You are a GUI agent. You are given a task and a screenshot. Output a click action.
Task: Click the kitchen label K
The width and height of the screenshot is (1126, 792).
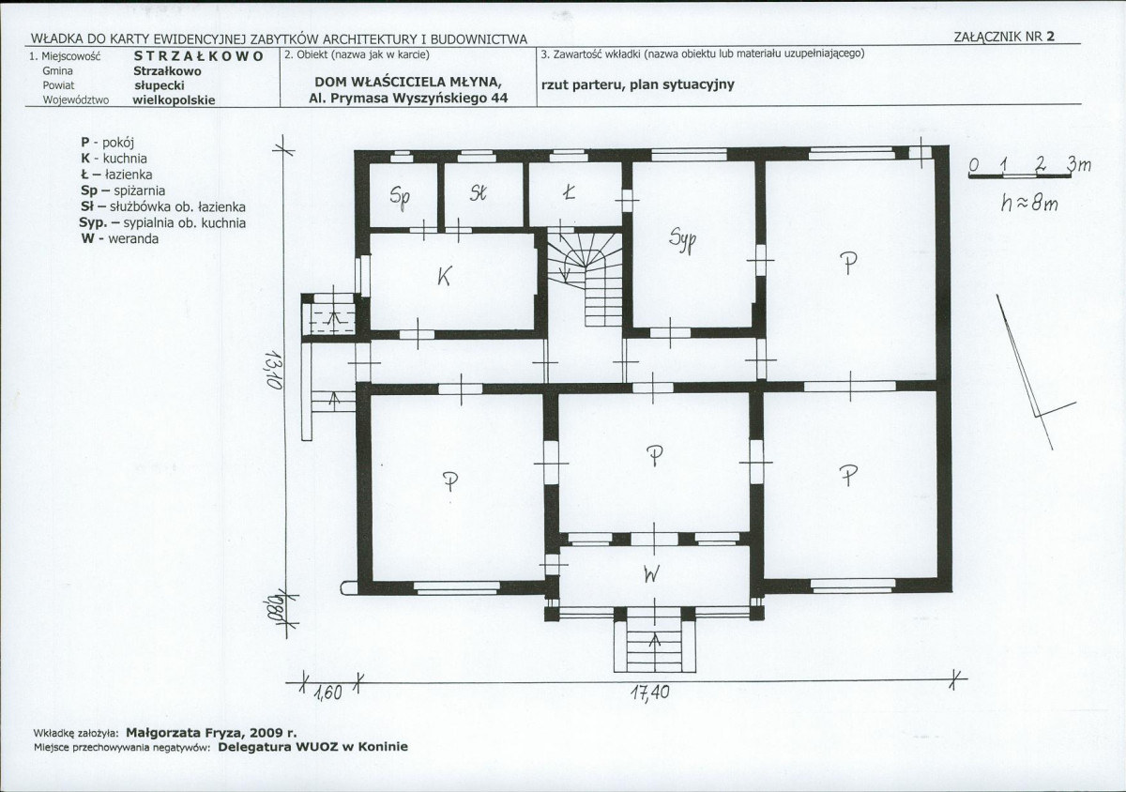pos(445,276)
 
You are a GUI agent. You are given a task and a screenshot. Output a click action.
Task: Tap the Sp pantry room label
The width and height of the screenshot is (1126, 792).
pos(400,197)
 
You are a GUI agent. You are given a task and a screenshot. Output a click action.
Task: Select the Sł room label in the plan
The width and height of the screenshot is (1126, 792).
pos(479,193)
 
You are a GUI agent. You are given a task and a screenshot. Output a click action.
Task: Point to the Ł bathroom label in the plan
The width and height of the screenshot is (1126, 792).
pos(569,192)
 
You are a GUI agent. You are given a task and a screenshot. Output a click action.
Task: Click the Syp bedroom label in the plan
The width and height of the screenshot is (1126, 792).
pos(683,241)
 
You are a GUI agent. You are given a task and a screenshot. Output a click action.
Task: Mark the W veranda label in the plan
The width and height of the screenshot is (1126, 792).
pos(650,575)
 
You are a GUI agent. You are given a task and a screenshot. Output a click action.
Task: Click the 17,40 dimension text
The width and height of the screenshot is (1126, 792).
pos(650,693)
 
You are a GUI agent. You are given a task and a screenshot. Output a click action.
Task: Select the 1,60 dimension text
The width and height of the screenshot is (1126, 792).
pos(327,693)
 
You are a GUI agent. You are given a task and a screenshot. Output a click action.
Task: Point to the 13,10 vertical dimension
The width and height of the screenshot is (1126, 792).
pos(274,370)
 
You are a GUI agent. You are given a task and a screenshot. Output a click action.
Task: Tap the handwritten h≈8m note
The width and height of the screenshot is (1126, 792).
pos(1029,205)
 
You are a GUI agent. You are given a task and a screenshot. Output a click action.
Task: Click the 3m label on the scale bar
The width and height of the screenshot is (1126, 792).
pos(1080,164)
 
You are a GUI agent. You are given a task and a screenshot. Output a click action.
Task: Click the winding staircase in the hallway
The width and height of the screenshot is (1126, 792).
pos(585,278)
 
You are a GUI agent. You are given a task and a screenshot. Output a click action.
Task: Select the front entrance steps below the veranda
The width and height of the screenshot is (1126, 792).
pos(655,647)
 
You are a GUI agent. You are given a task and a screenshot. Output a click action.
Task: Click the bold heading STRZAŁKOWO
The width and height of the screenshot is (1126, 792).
pos(199,55)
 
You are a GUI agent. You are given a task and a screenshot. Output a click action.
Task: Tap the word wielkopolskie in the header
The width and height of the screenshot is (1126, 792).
pos(174,100)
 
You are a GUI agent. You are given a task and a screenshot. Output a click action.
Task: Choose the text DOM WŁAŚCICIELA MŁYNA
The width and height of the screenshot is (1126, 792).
pos(408,82)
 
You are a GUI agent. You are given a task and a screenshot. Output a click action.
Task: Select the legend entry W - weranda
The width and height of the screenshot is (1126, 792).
pos(120,238)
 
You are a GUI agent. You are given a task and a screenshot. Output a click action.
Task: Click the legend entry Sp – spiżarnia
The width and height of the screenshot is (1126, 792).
pos(123,190)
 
